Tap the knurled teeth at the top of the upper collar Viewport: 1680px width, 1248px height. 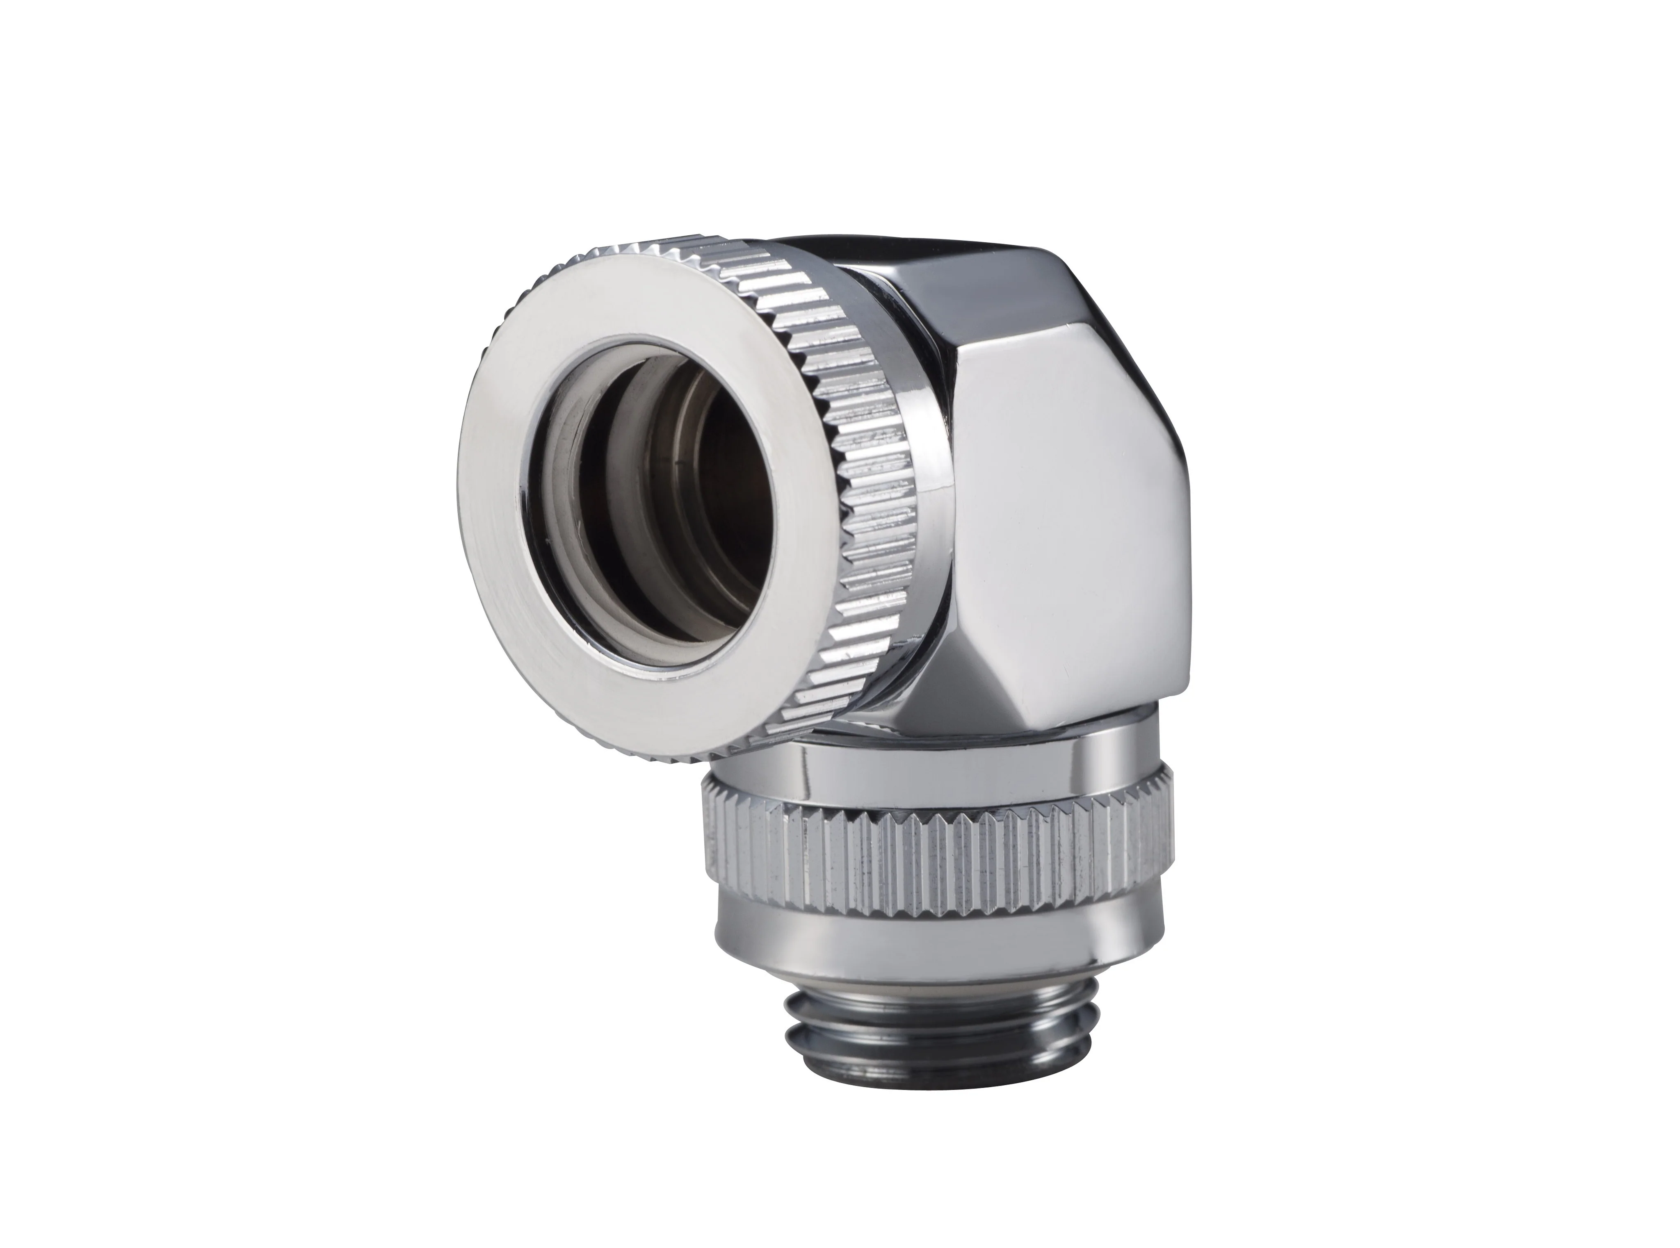point(680,249)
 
